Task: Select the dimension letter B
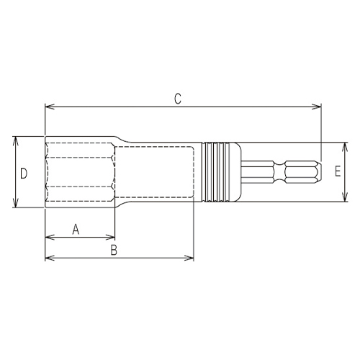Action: coord(113,250)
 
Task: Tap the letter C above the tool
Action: coord(177,99)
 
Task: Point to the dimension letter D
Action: coord(23,173)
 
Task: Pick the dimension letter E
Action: coord(337,171)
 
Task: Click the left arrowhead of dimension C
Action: coord(48,109)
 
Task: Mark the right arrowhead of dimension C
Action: coord(318,109)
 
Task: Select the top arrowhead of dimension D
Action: coord(15,140)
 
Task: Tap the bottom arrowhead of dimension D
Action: coord(15,206)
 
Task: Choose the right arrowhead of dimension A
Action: coord(112,236)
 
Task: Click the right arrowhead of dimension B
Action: coord(191,257)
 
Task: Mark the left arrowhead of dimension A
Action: coord(48,236)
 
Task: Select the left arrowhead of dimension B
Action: coord(48,257)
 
